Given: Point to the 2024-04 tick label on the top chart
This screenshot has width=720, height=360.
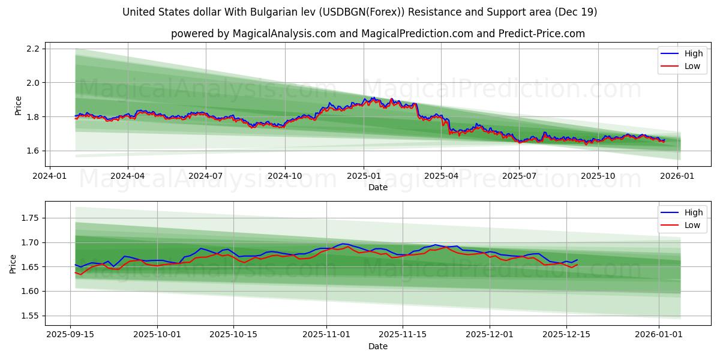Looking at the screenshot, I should [x=127, y=176].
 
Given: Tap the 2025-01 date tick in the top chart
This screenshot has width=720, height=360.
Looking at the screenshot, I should [x=363, y=176].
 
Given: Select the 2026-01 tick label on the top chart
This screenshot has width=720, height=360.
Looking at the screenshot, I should [x=677, y=176].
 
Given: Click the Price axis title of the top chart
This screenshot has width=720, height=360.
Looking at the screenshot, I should [x=18, y=106].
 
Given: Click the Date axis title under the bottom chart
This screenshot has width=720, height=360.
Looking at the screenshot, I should [x=378, y=346].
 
